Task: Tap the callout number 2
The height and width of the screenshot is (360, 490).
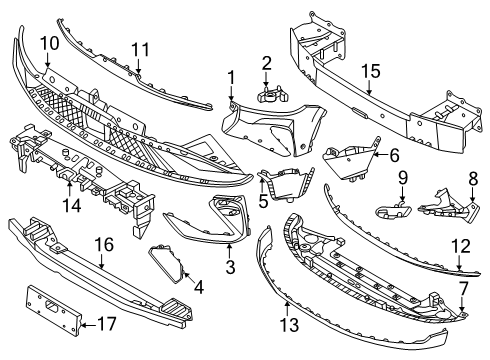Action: [x=266, y=63]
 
